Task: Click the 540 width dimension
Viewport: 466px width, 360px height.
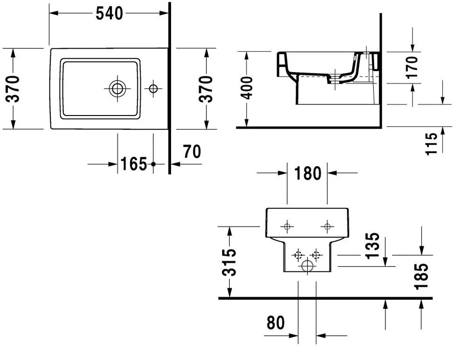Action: (x=109, y=14)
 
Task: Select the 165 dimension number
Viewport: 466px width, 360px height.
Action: (x=134, y=164)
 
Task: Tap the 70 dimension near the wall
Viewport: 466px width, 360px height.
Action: (x=192, y=151)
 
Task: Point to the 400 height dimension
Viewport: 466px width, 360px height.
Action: (x=247, y=88)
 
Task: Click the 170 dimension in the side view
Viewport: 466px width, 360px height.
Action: (x=411, y=68)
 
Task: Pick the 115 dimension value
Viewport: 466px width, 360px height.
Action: (x=432, y=144)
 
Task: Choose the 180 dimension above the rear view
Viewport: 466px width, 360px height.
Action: (x=308, y=173)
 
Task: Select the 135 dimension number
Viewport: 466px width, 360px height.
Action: (x=373, y=246)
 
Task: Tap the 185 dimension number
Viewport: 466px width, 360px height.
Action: (x=421, y=276)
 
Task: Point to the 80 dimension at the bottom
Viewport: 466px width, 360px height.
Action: (x=275, y=323)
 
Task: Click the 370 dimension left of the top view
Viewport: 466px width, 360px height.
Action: (x=13, y=89)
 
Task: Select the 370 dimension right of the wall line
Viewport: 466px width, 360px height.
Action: (x=206, y=89)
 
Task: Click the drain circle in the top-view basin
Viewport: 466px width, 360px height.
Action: (x=117, y=88)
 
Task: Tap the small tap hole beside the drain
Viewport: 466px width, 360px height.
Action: (x=153, y=88)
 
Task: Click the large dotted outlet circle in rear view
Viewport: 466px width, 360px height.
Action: (x=307, y=266)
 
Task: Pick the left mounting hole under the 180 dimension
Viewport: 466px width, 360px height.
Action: (x=287, y=227)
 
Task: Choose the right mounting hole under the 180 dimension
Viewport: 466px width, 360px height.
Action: (x=327, y=227)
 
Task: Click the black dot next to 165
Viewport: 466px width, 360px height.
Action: (x=153, y=164)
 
